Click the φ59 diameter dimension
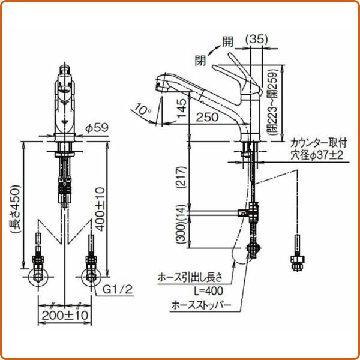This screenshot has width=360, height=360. click(x=95, y=127)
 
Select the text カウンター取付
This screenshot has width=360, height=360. click(x=319, y=143)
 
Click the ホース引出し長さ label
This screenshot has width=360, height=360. click(x=190, y=277)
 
